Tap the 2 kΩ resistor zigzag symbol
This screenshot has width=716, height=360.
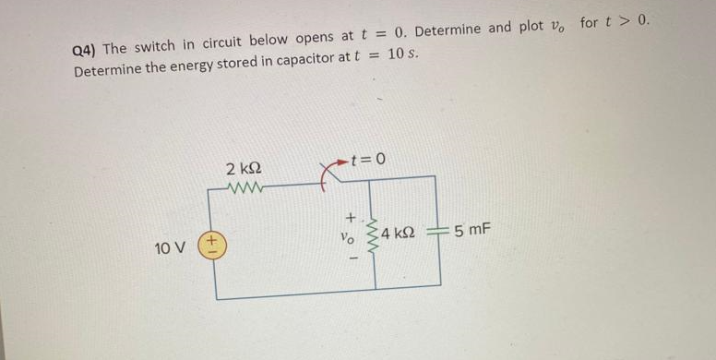click(245, 188)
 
